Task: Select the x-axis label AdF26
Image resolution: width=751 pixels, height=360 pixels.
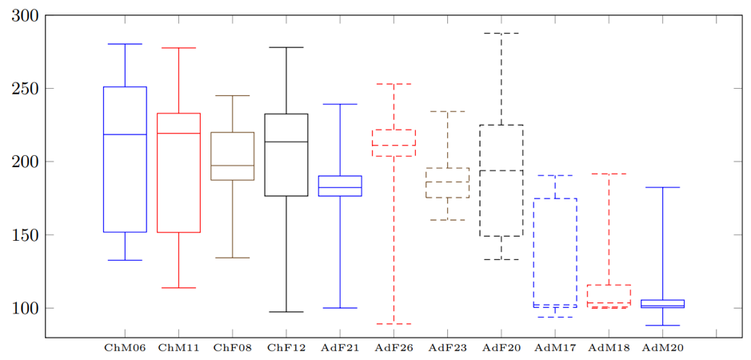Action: click(x=393, y=348)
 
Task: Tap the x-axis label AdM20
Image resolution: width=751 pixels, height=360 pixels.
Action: click(x=662, y=348)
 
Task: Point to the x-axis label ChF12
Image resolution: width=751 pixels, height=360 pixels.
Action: click(x=286, y=348)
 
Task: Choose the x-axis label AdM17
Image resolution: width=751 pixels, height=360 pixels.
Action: click(x=555, y=348)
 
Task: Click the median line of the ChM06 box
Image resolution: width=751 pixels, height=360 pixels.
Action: click(x=125, y=134)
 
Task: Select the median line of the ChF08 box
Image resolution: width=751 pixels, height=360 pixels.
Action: click(x=233, y=166)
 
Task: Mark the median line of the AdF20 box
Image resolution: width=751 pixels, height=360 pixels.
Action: click(x=501, y=170)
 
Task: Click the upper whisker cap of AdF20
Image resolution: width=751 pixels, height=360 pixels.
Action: click(x=501, y=34)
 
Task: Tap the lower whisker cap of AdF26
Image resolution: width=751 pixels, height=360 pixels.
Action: click(x=393, y=324)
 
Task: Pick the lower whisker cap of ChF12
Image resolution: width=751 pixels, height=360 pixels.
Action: click(x=286, y=312)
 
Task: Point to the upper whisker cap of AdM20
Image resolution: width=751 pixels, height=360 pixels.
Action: click(x=662, y=187)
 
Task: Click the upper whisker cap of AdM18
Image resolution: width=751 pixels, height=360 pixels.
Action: click(x=609, y=174)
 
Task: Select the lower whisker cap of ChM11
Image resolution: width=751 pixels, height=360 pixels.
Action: click(x=178, y=288)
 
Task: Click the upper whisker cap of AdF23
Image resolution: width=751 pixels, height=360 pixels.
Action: click(x=448, y=111)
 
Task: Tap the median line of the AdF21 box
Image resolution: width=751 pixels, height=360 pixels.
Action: click(x=340, y=187)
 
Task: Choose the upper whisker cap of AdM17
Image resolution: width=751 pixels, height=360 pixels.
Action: click(x=555, y=175)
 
